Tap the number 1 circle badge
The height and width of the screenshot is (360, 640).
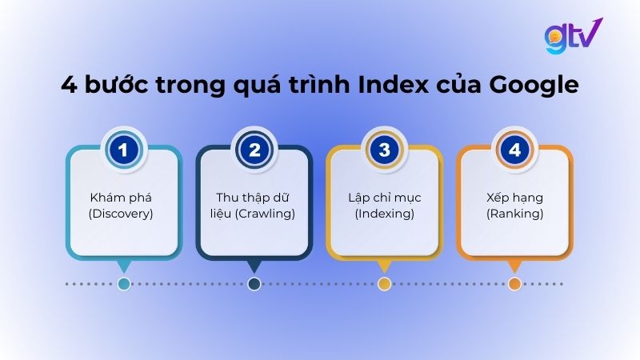coord(124,149)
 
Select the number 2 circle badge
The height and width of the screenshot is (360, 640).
coord(254,149)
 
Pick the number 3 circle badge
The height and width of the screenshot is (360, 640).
coord(384,149)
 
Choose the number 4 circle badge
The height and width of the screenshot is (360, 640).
coord(514,149)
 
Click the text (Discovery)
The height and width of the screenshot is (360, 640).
coord(124,214)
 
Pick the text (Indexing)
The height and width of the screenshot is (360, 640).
coord(384,214)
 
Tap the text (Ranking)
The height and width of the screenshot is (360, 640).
coord(514,214)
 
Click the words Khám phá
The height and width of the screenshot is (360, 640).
coord(124,197)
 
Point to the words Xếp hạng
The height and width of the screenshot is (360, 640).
coord(514,197)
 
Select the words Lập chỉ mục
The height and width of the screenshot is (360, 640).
coord(384,197)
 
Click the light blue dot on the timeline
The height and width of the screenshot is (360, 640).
coord(124,283)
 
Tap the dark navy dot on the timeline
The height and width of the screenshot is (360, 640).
coord(254,283)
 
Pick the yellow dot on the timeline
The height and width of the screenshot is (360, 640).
coord(384,283)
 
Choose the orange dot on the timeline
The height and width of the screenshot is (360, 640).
coord(514,283)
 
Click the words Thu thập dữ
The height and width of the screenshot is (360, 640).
coord(254,197)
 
